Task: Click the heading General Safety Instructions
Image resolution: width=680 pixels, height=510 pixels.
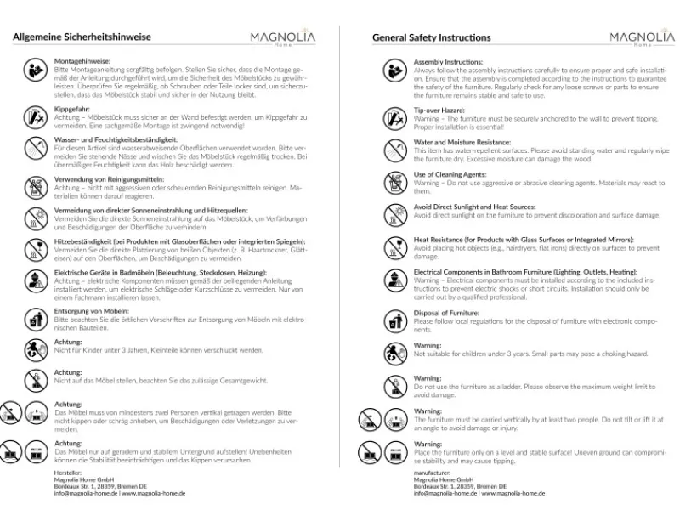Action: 431,37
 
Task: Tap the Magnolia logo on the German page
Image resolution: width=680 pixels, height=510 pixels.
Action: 282,38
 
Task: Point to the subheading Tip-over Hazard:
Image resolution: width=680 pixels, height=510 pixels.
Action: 439,110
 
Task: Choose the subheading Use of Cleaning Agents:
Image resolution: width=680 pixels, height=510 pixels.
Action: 450,174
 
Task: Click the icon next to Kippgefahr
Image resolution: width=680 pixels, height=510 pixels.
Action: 35,117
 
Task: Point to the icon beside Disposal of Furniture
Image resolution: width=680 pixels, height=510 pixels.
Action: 394,320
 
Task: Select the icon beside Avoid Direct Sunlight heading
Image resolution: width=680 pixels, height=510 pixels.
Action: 394,212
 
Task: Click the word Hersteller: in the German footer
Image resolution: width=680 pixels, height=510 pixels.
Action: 67,472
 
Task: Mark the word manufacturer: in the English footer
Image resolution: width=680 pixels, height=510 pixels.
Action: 432,472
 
